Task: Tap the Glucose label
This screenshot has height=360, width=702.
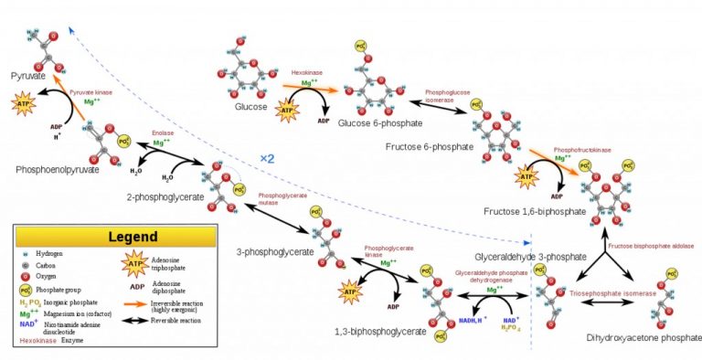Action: (249, 107)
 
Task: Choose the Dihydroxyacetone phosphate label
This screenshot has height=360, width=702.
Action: (639, 338)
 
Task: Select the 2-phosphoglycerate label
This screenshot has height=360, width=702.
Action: (165, 196)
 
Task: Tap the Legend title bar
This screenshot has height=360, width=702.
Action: (114, 236)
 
